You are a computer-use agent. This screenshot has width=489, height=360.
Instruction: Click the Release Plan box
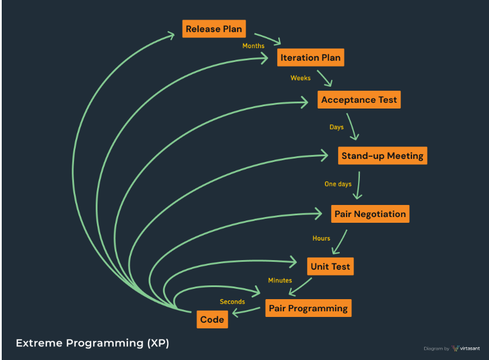[214, 29]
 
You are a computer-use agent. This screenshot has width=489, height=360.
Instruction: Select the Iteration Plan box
[311, 57]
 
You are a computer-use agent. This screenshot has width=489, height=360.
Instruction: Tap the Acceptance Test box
[359, 100]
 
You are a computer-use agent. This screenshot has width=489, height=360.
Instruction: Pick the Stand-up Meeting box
[383, 156]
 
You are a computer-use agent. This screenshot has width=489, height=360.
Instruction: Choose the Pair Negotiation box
[370, 214]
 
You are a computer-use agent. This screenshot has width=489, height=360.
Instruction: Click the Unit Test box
[330, 266]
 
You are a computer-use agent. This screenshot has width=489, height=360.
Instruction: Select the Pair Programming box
[308, 308]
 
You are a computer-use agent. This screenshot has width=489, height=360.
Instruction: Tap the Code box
[212, 319]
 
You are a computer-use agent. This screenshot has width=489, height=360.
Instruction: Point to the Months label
[254, 46]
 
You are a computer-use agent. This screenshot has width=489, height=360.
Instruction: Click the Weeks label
[301, 78]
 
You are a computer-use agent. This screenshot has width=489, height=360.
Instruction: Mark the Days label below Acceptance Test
[336, 127]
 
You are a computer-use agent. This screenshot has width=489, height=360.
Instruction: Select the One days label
[338, 184]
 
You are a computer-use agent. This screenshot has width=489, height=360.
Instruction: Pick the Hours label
[321, 238]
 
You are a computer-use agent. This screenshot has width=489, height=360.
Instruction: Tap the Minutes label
[280, 280]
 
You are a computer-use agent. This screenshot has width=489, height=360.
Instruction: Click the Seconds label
[232, 301]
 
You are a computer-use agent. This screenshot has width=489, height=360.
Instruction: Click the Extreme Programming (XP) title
[92, 343]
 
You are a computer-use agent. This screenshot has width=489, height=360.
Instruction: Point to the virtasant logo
[465, 349]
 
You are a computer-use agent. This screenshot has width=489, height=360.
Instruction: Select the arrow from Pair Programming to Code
[246, 311]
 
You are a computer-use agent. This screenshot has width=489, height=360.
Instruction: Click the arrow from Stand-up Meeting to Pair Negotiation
[358, 185]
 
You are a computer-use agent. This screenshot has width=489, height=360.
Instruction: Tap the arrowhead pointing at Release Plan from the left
[170, 35]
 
